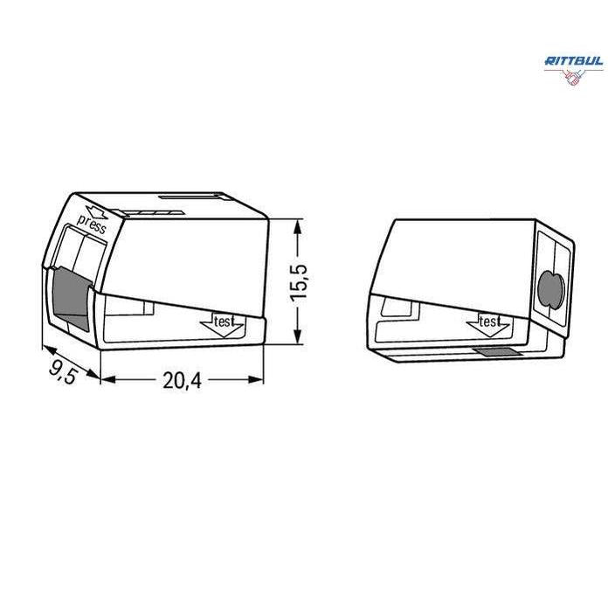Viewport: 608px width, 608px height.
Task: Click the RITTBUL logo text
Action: (x=574, y=61)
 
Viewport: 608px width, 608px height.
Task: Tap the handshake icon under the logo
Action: (x=573, y=77)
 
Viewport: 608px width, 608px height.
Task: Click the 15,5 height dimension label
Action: (x=299, y=281)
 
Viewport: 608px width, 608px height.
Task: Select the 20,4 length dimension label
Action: (x=182, y=380)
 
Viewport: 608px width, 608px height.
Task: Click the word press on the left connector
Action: (x=92, y=225)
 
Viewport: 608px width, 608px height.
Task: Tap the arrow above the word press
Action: (x=96, y=212)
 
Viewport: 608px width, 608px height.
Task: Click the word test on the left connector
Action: (x=225, y=321)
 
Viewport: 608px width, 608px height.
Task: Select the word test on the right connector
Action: (x=489, y=321)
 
